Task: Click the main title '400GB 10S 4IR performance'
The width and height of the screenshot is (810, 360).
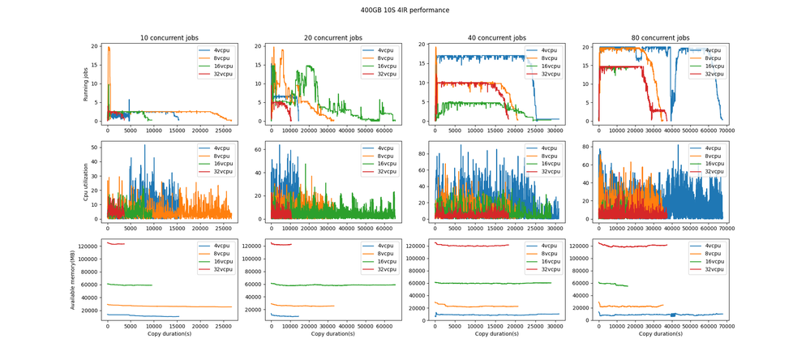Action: point(405,11)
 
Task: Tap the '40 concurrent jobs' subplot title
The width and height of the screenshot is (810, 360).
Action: point(498,38)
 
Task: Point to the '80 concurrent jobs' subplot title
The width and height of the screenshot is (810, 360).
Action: point(661,38)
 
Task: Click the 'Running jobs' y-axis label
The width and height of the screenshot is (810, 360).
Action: point(87,84)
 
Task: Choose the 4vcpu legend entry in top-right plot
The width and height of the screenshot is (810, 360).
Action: point(709,50)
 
